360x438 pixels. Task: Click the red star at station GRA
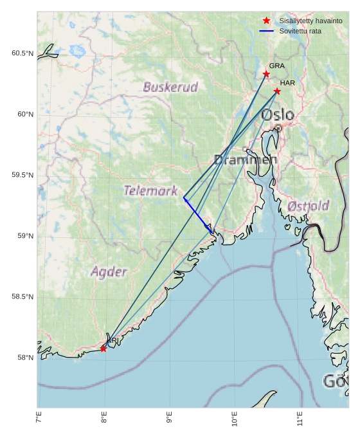(266, 75)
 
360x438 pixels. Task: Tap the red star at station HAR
(277, 91)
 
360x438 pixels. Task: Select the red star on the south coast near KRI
(104, 349)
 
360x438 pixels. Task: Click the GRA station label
(276, 66)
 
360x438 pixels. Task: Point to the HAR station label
(287, 83)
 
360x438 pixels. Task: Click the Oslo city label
(278, 115)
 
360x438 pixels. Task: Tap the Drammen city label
(245, 160)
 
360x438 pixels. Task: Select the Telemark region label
(150, 190)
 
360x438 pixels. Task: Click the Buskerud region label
(170, 87)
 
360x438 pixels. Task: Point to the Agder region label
(109, 271)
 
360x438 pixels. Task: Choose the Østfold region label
(309, 206)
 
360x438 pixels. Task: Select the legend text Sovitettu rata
(300, 31)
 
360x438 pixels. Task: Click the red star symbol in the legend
(267, 21)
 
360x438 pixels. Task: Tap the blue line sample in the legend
(267, 31)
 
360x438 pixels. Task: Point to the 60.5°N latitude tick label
(22, 53)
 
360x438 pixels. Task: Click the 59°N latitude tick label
(24, 236)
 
